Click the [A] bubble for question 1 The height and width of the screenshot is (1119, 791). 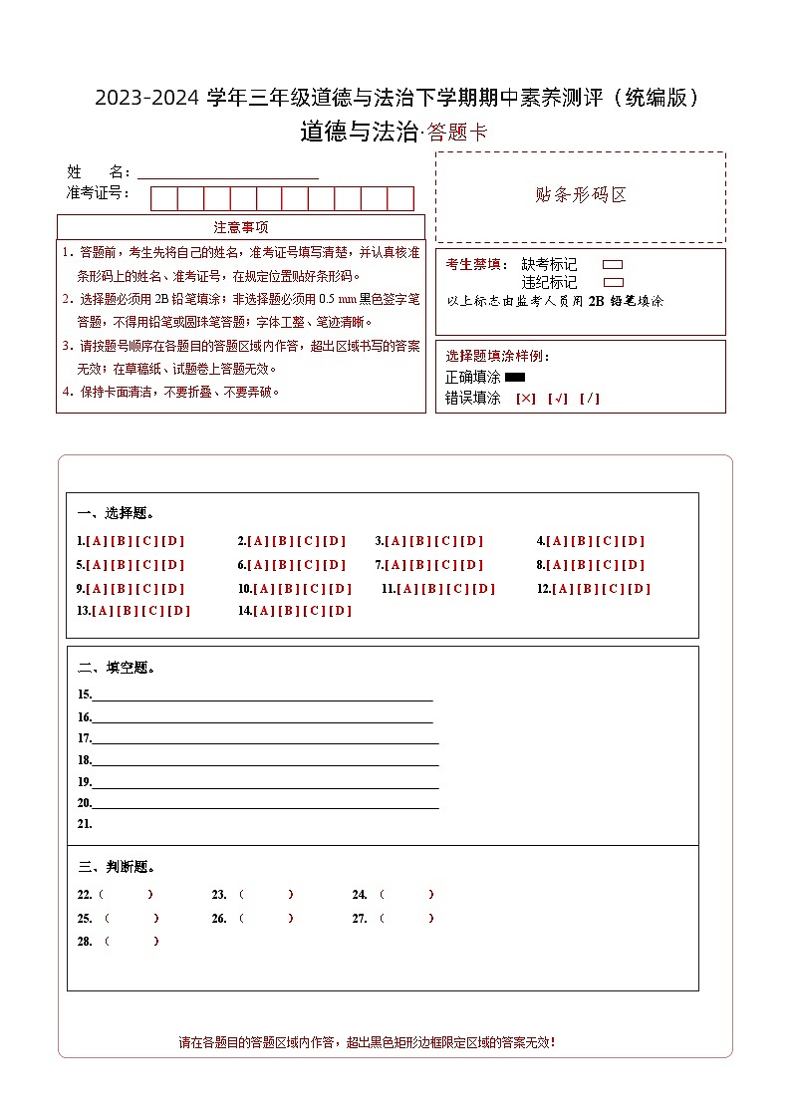pos(97,541)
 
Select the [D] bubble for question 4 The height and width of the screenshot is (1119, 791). pos(634,541)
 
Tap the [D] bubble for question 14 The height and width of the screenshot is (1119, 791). pos(341,611)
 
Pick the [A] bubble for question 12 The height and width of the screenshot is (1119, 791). pos(563,589)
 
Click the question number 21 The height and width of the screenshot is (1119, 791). pos(85,824)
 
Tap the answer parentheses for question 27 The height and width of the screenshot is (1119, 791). pos(406,919)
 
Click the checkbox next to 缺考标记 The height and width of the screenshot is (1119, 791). pos(613,265)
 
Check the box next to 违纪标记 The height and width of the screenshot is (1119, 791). pos(613,283)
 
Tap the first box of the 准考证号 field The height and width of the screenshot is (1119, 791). pos(163,198)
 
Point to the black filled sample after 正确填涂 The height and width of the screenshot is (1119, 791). pos(515,378)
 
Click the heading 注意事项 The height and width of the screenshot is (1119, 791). pos(241,227)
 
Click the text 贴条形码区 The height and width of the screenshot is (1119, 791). pos(581,195)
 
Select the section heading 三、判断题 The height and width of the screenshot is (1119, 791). pos(116,867)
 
